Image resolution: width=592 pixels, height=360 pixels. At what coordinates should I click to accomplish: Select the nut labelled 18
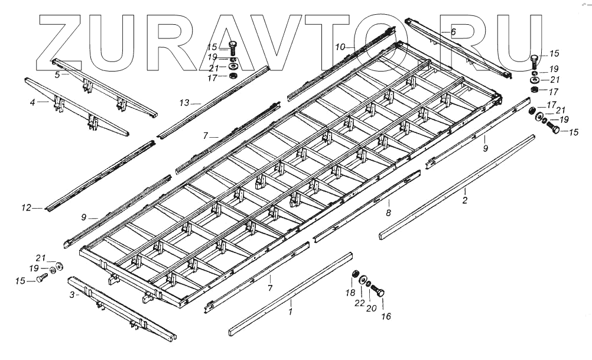(356, 274)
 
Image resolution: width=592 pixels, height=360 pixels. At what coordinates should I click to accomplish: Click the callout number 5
(57, 75)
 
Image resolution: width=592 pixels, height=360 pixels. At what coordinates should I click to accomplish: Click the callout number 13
(184, 103)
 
